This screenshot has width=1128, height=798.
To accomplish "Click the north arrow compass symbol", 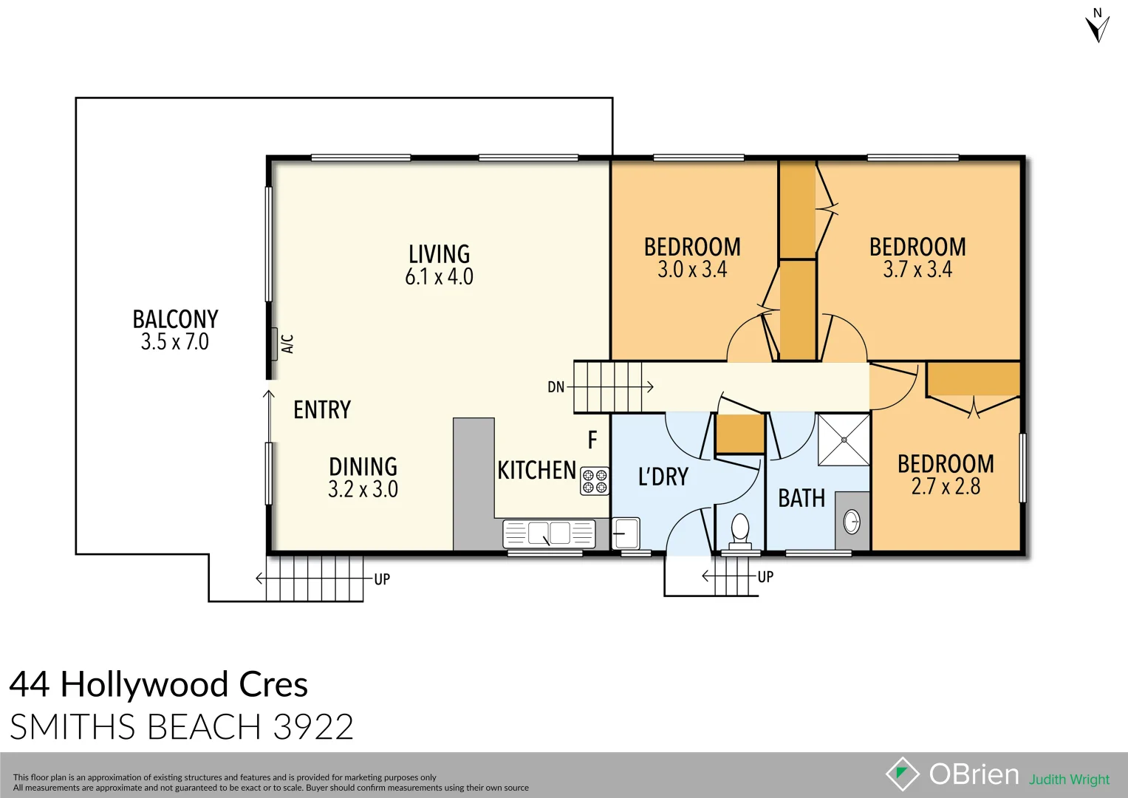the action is (x=1098, y=27).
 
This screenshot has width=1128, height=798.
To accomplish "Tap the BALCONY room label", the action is (x=175, y=319).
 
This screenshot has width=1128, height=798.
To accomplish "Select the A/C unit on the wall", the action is (x=274, y=343).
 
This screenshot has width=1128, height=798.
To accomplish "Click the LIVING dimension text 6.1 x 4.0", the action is (x=439, y=277).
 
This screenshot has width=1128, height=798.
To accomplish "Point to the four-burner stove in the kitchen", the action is (x=595, y=481).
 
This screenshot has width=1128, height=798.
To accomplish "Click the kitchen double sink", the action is (x=549, y=533).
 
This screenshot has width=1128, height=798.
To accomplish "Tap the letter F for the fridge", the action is (x=592, y=440).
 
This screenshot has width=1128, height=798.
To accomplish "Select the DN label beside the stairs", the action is (x=556, y=387).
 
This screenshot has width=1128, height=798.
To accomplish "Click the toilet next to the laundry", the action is (x=739, y=529).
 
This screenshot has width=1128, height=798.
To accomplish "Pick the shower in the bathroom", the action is (x=844, y=440).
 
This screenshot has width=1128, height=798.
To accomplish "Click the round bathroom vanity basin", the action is (x=852, y=522).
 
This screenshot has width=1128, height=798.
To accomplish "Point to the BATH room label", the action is (x=801, y=499).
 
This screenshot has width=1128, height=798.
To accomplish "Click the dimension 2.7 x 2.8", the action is (x=946, y=486).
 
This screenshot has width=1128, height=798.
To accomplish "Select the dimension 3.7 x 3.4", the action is (x=917, y=270).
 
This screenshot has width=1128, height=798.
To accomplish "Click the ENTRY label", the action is (x=322, y=410).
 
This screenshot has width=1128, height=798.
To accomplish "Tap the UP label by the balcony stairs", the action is (x=382, y=579).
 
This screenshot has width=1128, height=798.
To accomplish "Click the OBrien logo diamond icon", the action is (x=902, y=774).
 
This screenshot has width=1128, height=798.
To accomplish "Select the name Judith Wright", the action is (x=1069, y=780).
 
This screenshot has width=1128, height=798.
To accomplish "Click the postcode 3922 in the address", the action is (x=313, y=727).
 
